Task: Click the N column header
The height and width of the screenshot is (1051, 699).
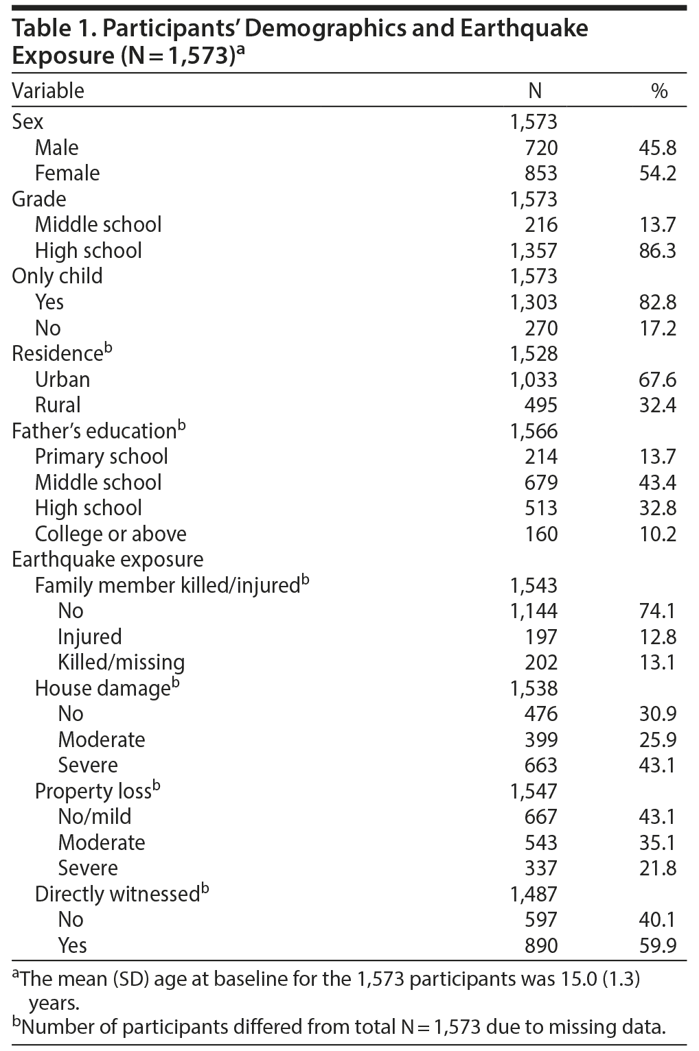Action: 534,91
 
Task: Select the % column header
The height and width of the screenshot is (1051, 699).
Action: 659,91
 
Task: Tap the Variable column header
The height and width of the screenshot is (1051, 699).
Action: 48,91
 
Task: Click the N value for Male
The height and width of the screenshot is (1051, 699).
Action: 541,147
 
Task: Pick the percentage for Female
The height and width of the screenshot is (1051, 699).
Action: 657,173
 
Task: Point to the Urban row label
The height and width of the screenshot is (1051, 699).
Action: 62,379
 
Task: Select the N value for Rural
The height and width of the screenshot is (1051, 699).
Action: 541,405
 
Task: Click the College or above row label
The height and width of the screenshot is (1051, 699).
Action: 111,534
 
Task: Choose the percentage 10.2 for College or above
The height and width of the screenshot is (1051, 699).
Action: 657,534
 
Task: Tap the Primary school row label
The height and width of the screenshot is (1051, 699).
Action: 102,456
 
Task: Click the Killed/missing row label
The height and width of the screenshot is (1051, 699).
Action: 122,662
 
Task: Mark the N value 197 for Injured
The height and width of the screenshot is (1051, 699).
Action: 541,637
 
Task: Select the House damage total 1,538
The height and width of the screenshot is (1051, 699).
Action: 534,688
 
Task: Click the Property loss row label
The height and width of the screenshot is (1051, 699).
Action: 93,791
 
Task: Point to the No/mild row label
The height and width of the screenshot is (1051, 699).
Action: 95,816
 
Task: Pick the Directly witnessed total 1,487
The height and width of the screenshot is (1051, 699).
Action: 534,894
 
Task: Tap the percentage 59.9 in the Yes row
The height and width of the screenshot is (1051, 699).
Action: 657,945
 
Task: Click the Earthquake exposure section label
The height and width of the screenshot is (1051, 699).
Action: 108,559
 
